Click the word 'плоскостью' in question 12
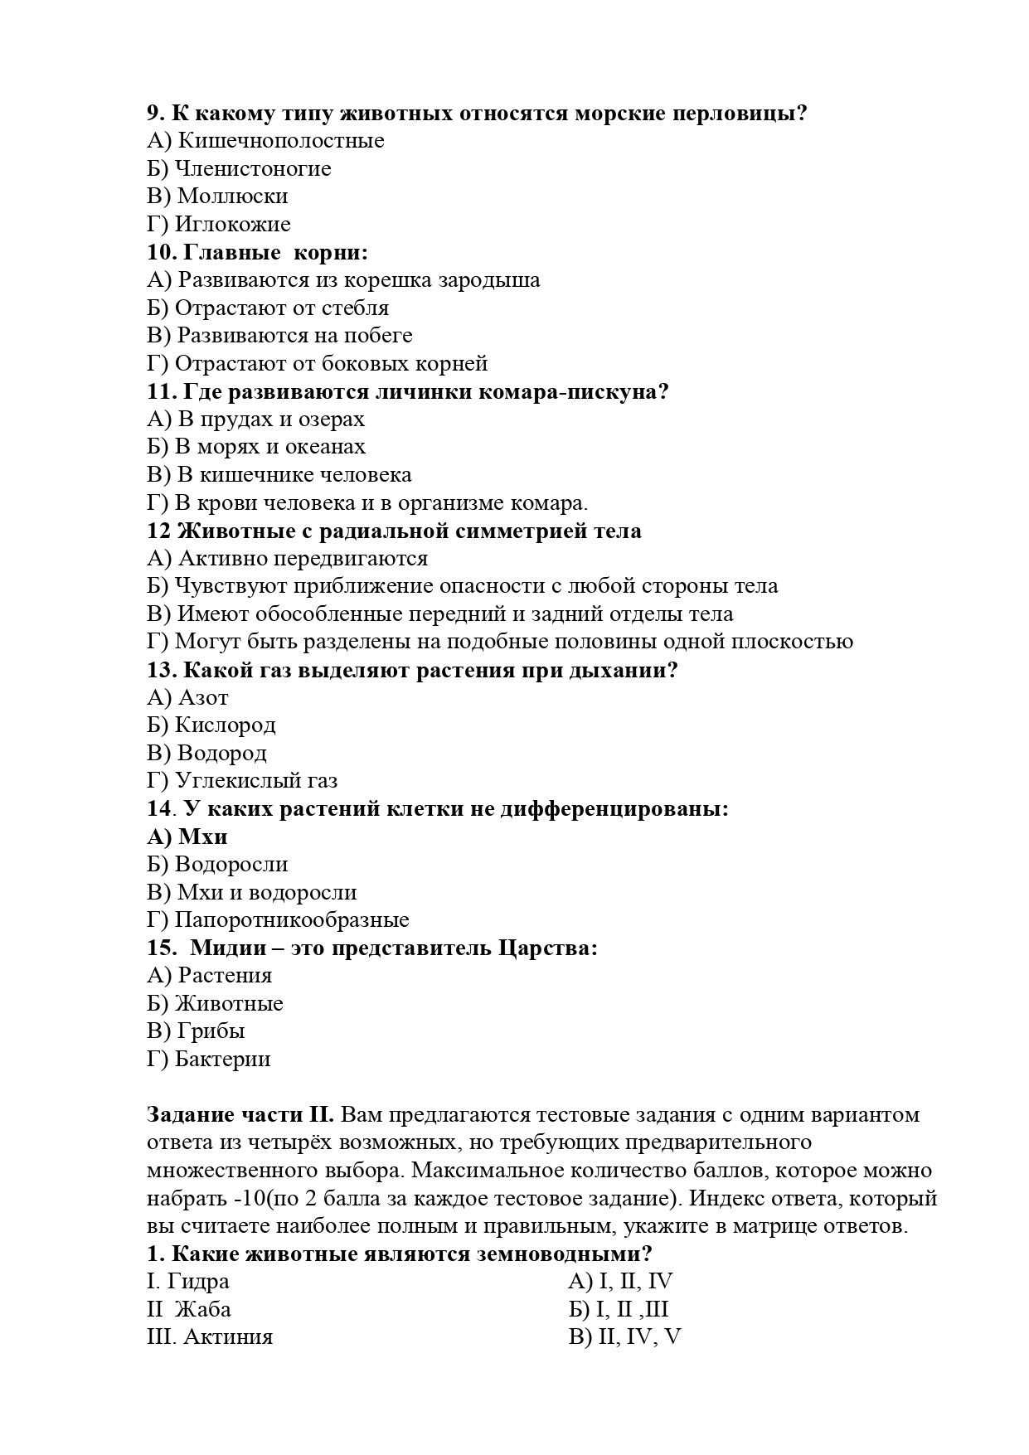coord(795,642)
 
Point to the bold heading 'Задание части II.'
coord(240,1115)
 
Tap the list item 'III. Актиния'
coord(210,1337)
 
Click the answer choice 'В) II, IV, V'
coord(624,1337)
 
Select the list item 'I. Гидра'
coord(188,1282)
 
